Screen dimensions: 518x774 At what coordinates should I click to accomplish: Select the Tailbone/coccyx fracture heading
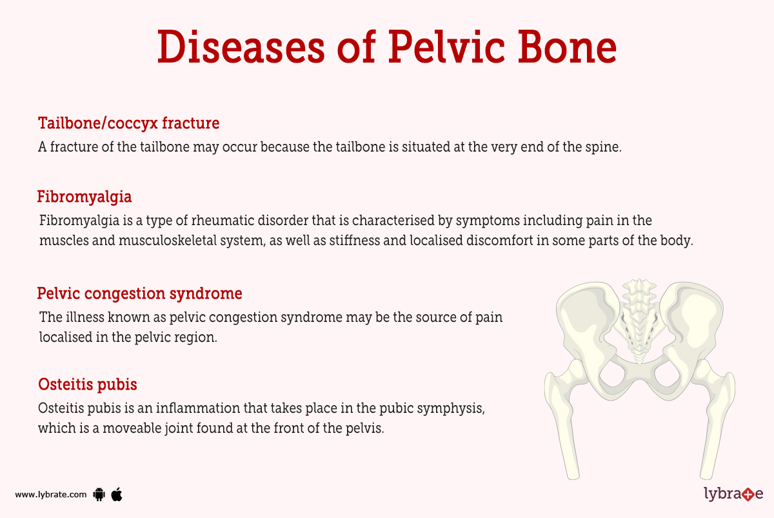128,123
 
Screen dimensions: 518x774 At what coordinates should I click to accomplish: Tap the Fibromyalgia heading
84,196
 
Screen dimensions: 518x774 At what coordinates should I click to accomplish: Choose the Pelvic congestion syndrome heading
139,294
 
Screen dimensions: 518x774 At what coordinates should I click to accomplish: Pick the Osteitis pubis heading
87,384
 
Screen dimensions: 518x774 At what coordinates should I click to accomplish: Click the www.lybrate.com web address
50,495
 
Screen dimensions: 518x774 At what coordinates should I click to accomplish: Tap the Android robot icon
99,495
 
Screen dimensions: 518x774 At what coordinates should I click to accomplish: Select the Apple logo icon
117,494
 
